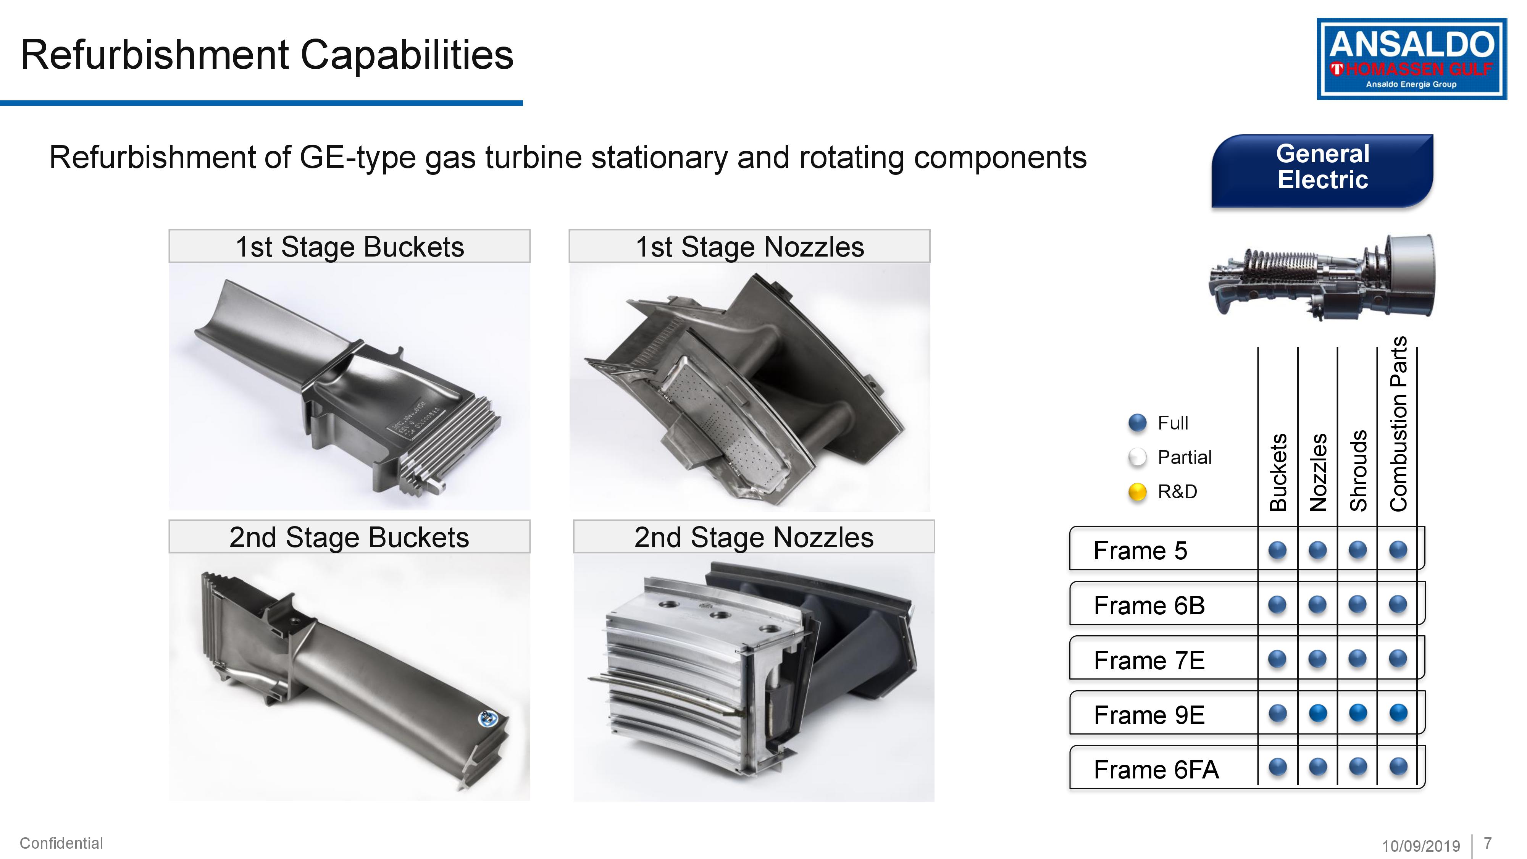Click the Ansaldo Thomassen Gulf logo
[x=1411, y=59]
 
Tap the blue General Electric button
[x=1322, y=171]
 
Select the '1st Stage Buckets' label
[x=350, y=247]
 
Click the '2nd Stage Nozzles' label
[x=754, y=537]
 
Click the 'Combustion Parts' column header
[x=1398, y=424]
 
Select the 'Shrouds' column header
[x=1358, y=471]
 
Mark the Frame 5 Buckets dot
[x=1277, y=550]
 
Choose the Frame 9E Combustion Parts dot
[x=1398, y=712]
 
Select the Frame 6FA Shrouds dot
[x=1358, y=767]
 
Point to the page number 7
[x=1487, y=843]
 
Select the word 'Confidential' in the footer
[x=61, y=843]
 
